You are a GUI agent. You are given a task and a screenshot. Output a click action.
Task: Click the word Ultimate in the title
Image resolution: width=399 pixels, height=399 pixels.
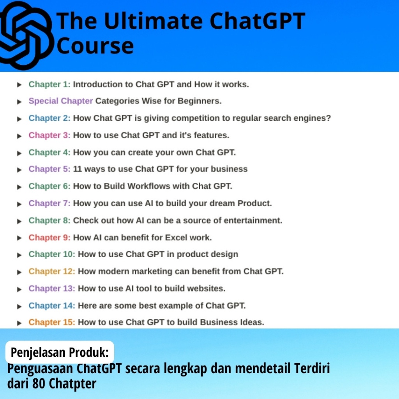(153, 21)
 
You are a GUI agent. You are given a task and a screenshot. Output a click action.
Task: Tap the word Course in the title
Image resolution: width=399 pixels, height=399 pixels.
(95, 46)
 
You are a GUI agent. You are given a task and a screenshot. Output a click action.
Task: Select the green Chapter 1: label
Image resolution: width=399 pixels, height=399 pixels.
(49, 84)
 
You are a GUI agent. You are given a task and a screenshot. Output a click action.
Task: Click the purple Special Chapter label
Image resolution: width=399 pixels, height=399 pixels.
(60, 101)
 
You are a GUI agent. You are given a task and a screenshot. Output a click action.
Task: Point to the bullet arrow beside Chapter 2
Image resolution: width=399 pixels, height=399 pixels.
(19, 119)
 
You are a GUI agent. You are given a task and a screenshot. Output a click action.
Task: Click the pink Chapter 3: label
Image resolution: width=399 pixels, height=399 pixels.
(49, 135)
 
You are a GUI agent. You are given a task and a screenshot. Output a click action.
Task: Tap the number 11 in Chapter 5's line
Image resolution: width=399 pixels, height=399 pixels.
(78, 169)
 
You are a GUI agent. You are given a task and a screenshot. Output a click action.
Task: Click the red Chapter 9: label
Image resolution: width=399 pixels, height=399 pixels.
(49, 237)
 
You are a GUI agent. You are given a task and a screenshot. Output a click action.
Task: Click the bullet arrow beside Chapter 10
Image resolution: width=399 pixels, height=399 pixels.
(19, 255)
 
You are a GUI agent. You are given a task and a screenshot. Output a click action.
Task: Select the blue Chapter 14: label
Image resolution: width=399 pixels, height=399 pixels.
(52, 305)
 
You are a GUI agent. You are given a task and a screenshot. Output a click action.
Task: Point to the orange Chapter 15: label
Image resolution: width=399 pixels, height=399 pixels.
(52, 322)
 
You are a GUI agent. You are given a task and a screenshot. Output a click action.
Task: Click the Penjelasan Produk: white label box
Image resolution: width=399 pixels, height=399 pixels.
(60, 352)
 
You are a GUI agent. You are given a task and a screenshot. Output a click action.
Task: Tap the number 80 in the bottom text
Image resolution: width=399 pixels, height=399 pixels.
(39, 383)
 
